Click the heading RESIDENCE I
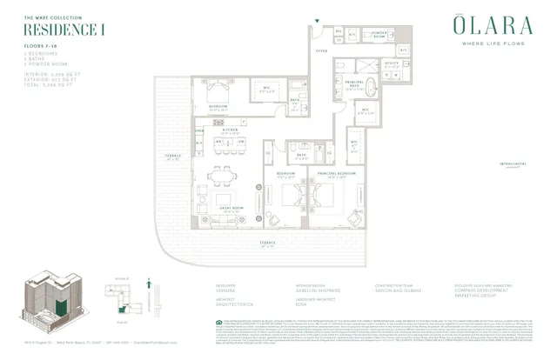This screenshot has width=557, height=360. pyautogui.click(x=51, y=29)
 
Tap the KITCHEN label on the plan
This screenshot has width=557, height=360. pyautogui.click(x=230, y=130)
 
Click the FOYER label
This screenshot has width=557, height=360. pyautogui.click(x=321, y=51)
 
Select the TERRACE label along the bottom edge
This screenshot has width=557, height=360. pyautogui.click(x=266, y=244)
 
